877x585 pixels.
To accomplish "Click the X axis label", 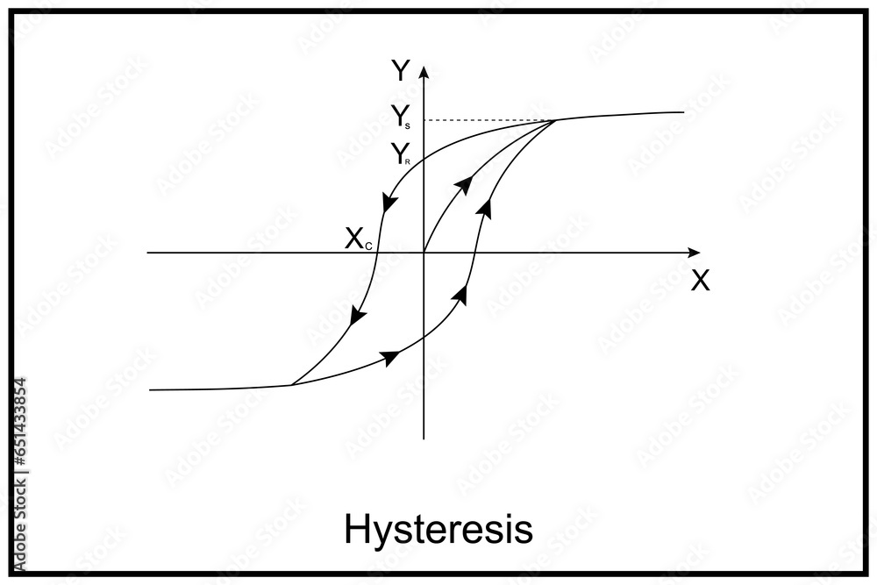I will click(700, 281).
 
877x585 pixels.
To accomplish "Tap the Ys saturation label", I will click(401, 117).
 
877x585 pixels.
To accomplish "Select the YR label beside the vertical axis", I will click(401, 156).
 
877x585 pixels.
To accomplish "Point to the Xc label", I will click(359, 239).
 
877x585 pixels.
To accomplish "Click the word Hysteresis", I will click(438, 529).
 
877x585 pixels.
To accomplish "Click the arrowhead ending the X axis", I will click(694, 253).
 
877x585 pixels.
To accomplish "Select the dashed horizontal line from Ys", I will click(488, 120).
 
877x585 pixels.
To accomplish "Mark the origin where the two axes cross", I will click(424, 253).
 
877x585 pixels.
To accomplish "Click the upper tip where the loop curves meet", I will click(554, 120).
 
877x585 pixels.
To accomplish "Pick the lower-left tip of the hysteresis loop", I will click(291, 384).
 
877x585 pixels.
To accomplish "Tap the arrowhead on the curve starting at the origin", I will click(465, 182).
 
